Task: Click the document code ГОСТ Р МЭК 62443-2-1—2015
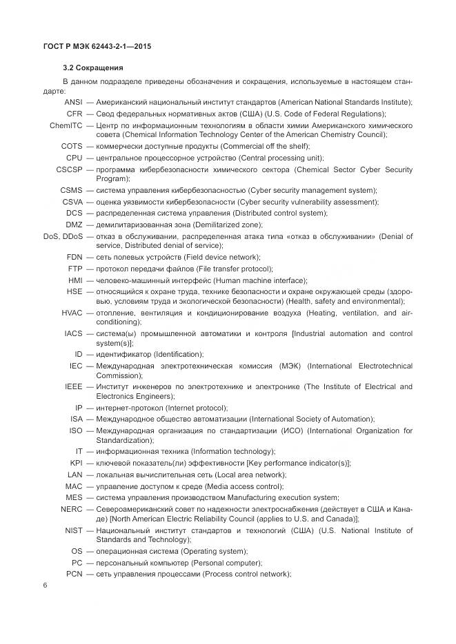[97, 46]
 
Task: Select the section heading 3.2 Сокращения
[92, 68]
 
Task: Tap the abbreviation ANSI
[72, 102]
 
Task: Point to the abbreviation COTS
[72, 146]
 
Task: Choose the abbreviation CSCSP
[69, 169]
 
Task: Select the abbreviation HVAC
[72, 313]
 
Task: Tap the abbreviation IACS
[73, 333]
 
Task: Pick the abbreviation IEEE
[74, 386]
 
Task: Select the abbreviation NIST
[73, 530]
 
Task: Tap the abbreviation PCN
[74, 574]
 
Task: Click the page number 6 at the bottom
[45, 585]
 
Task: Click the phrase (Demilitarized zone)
[227, 225]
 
